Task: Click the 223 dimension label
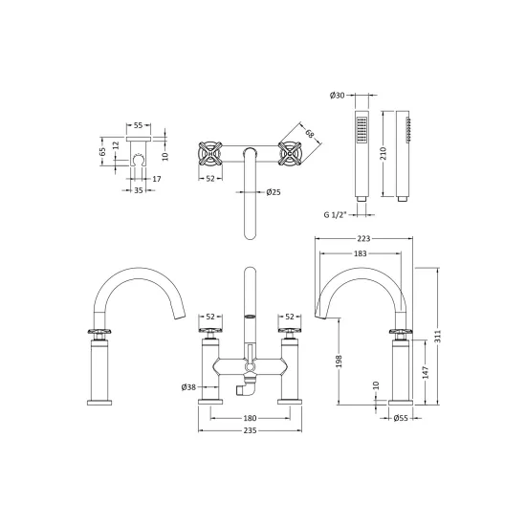click(363, 238)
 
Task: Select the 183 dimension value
click(360, 253)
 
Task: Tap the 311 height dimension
click(437, 336)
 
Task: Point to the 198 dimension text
click(339, 362)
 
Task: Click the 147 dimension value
click(426, 372)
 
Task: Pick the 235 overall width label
click(250, 430)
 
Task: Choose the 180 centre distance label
click(250, 418)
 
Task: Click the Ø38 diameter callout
click(188, 387)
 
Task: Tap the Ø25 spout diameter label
click(274, 192)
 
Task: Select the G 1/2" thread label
click(335, 214)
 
